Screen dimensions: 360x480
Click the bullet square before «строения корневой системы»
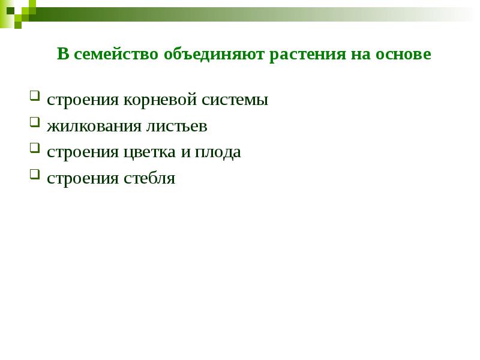coord(35,96)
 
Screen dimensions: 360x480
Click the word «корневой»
coord(152,100)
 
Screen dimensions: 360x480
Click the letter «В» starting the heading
coord(62,55)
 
